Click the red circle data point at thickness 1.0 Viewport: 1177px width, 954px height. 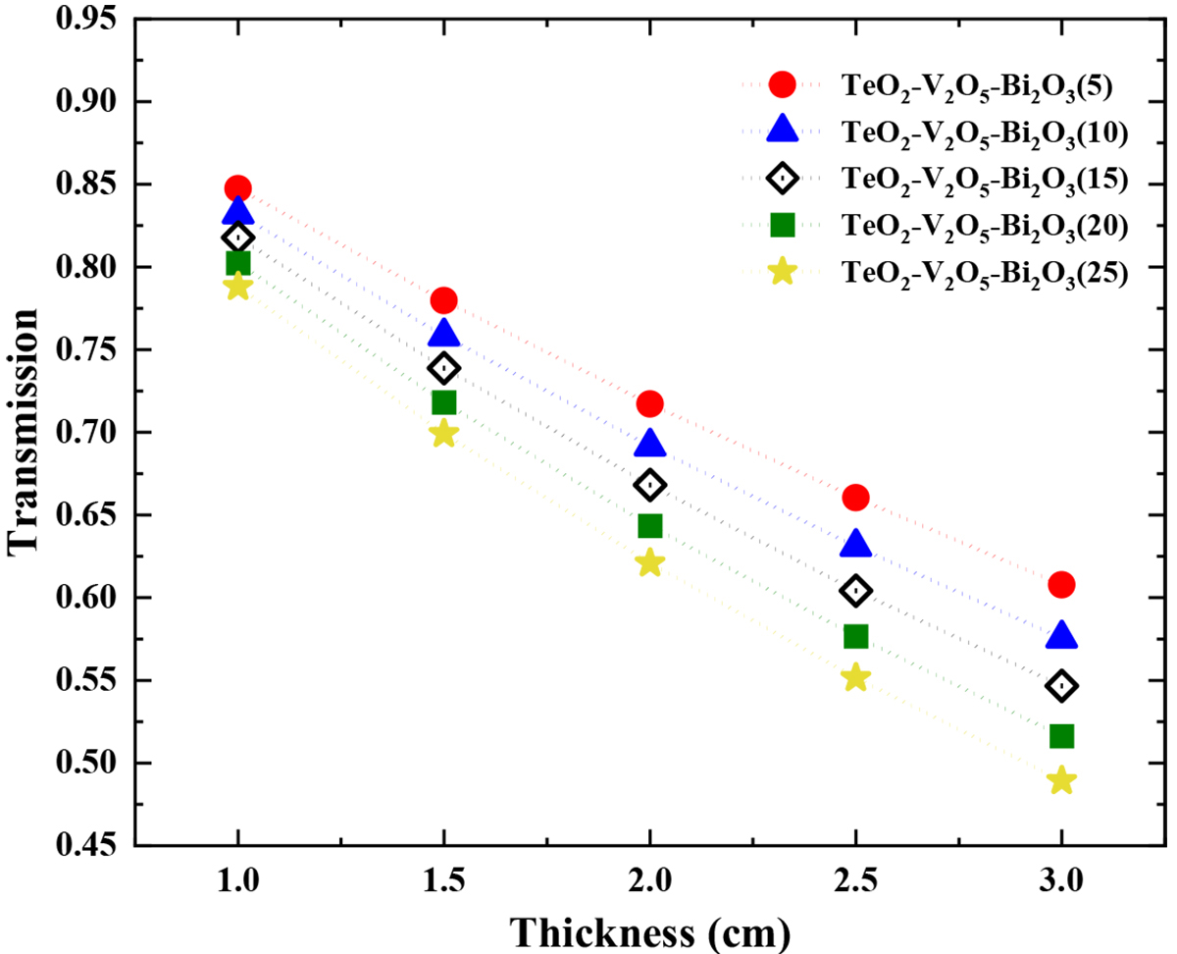click(x=237, y=188)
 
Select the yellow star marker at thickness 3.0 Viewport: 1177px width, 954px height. click(x=1061, y=781)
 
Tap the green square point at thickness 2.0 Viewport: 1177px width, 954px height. click(x=649, y=526)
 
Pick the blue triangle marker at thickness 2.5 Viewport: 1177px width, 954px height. click(x=855, y=545)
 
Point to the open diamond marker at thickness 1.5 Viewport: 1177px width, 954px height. click(x=443, y=368)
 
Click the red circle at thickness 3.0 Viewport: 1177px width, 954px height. click(x=1061, y=585)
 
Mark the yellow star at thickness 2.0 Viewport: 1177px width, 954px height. click(x=649, y=563)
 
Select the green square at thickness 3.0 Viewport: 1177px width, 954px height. click(x=1061, y=736)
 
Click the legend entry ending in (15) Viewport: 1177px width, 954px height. click(x=981, y=180)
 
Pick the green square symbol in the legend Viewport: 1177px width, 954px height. click(x=782, y=225)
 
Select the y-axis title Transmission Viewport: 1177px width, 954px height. click(x=25, y=432)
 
